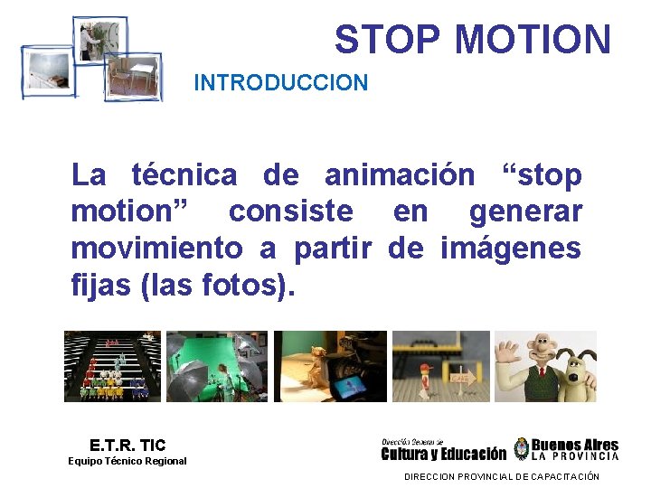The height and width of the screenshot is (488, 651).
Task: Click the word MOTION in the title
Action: [x=533, y=40]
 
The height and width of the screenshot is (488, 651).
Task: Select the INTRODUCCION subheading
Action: [x=280, y=83]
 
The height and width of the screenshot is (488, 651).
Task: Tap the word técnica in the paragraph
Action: [x=184, y=174]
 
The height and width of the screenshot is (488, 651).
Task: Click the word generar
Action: [x=525, y=211]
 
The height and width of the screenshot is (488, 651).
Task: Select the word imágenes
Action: [x=511, y=248]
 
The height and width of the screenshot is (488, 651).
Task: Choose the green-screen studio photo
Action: [x=217, y=366]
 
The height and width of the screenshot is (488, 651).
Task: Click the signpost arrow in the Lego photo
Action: [x=463, y=378]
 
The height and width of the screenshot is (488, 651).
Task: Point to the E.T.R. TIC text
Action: [x=127, y=445]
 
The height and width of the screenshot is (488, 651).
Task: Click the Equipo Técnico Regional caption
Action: [x=127, y=461]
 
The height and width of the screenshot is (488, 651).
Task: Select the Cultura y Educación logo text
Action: [x=444, y=454]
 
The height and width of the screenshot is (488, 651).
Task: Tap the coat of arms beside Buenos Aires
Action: [x=521, y=449]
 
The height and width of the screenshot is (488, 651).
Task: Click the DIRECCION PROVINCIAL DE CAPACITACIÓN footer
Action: [x=501, y=476]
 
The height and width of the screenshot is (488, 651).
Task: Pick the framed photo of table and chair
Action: [x=134, y=75]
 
